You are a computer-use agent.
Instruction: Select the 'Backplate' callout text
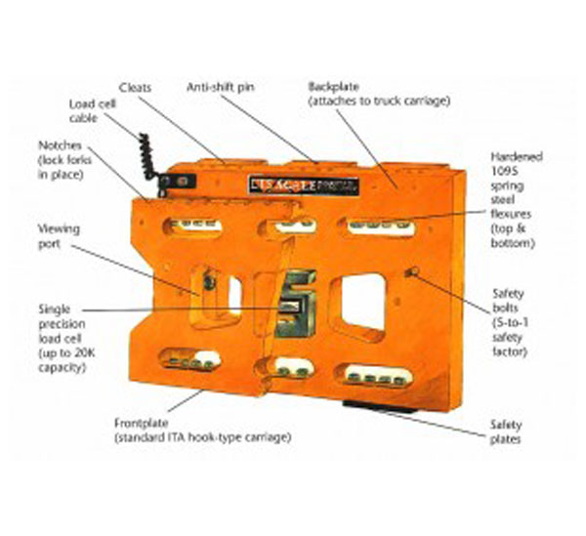tap(363, 93)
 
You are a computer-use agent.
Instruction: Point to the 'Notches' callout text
tap(60, 158)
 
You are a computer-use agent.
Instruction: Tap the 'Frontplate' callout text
tap(202, 430)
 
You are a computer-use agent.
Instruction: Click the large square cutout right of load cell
tap(362, 300)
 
